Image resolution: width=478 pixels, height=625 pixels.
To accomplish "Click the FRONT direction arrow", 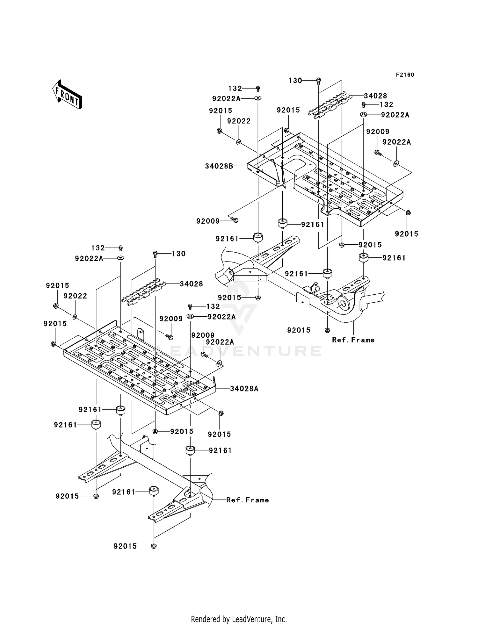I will coord(67,95).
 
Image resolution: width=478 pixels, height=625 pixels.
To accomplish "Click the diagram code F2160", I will coord(405,75).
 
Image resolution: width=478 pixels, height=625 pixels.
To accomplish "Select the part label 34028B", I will coord(219,166).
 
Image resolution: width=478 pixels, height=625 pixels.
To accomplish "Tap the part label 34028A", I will coord(244,389).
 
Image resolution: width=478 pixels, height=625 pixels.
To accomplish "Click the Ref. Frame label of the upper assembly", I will coord(353,340).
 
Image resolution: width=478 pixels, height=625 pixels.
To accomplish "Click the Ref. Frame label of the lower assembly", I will coord(248,500).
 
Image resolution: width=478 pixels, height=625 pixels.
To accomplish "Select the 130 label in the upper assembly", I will coord(295,81).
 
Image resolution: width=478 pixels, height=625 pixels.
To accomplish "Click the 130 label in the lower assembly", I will coord(178,254).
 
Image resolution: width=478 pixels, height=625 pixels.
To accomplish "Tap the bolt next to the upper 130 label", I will coord(319,80).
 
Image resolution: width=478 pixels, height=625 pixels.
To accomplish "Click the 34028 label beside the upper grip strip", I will coord(375,96).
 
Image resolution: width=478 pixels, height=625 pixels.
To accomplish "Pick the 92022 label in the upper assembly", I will coord(239,121).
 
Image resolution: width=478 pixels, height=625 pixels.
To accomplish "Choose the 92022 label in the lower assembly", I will coord(75,296).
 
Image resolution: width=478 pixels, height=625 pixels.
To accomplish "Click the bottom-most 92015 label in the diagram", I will coord(125,546).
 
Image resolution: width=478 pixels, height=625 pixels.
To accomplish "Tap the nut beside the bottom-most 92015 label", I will coord(154,546).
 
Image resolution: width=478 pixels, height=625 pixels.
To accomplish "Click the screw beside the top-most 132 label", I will coord(258,88).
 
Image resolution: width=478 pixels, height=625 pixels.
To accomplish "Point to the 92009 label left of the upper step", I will coord(208,221).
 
